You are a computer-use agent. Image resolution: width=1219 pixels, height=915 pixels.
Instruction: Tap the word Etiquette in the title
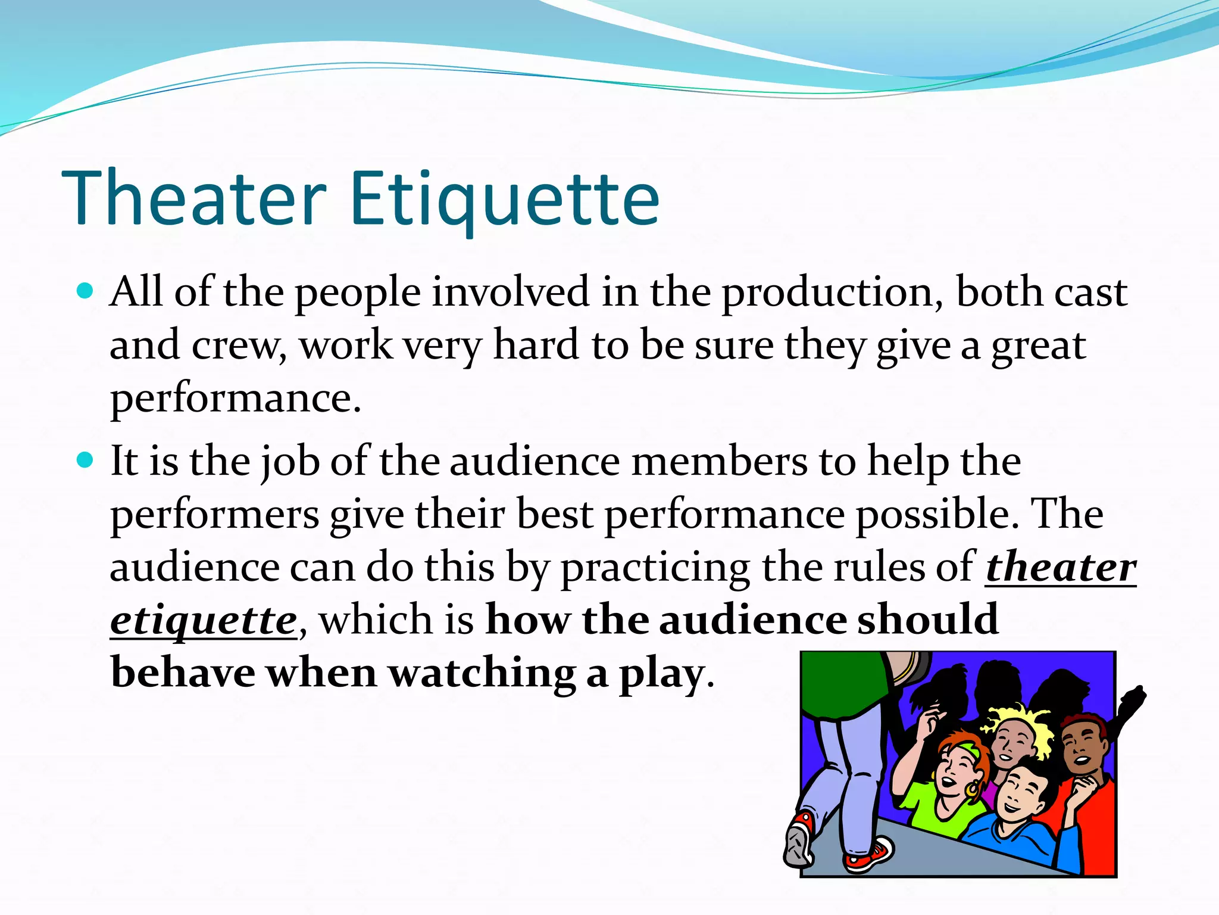(505, 200)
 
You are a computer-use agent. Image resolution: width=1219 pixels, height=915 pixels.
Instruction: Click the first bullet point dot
(86, 291)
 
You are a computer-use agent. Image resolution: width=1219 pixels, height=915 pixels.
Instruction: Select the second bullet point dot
(86, 460)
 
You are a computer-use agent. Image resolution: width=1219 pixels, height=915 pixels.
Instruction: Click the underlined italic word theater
(1061, 567)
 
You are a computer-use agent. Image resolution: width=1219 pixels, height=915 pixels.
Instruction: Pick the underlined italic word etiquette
(204, 621)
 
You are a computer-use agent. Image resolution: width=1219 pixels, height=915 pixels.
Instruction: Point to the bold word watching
(482, 673)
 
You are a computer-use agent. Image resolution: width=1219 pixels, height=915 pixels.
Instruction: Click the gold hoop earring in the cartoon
(973, 789)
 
